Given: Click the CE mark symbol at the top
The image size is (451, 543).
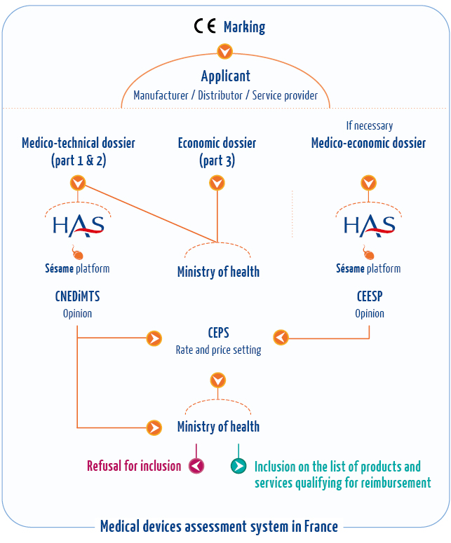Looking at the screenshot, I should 205,27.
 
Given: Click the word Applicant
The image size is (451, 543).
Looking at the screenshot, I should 225,76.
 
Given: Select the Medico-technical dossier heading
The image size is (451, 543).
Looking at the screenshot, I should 79,151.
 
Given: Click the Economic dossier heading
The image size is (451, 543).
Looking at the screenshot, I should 217,151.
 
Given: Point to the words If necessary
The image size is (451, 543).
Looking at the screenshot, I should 369,126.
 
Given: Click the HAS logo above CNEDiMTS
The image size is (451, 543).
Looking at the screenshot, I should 79,226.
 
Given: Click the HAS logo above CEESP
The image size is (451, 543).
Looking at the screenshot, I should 369,226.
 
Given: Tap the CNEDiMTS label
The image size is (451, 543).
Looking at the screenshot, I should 77,296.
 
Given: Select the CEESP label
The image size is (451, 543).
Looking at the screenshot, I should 369,296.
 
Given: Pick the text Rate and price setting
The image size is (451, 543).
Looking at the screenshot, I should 218,350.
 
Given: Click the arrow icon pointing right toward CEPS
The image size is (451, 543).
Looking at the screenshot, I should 154,338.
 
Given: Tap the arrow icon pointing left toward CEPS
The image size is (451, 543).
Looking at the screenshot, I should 281,338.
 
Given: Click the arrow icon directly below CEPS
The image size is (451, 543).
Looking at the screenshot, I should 219,380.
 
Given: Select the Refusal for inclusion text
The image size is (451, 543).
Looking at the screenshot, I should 134,465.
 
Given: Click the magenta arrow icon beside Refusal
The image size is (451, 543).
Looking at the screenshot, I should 196,466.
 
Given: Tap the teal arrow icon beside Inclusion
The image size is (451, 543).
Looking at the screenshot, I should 238,466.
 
